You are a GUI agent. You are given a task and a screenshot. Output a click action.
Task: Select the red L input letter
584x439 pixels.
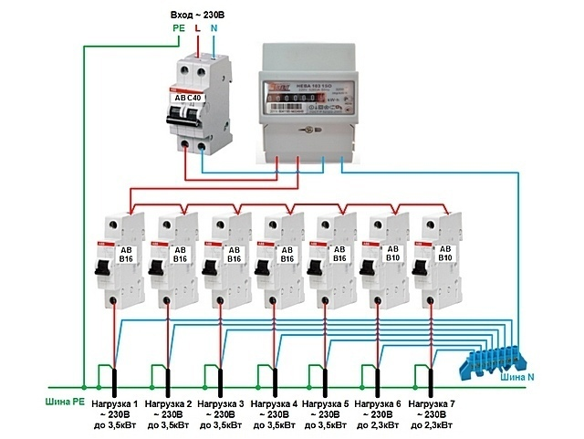coord(197,30)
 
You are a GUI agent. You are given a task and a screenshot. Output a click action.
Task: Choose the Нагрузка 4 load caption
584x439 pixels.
coord(274,402)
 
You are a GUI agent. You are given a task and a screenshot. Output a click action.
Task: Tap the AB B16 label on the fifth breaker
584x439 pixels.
coord(340,254)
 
